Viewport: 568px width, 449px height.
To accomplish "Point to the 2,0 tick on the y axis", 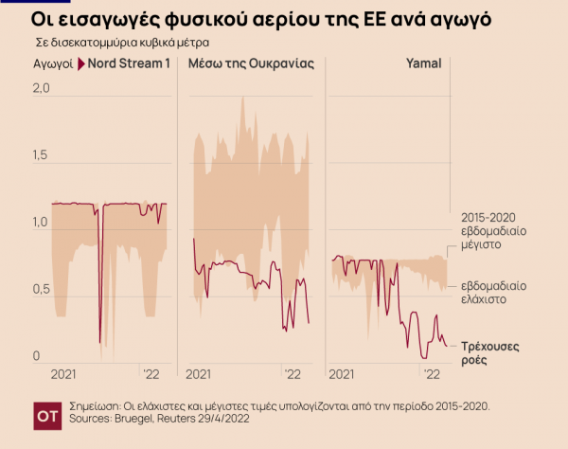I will pos(39,88).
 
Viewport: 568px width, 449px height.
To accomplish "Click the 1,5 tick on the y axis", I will pos(39,155).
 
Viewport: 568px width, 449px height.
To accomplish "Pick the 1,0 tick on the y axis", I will pos(39,223).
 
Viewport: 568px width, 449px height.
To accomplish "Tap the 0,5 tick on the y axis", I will pos(39,290).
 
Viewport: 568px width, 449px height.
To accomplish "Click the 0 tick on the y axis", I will pos(35,356).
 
